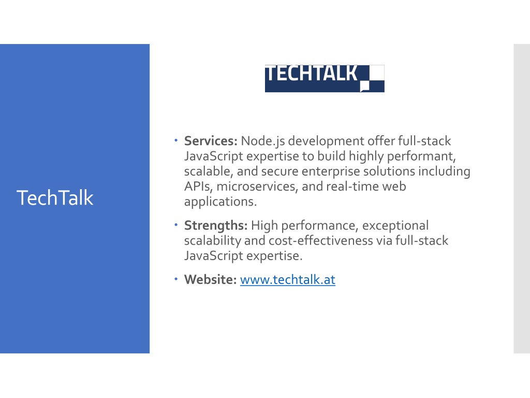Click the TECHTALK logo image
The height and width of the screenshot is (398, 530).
[x=325, y=79]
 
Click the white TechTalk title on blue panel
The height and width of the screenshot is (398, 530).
[x=55, y=198]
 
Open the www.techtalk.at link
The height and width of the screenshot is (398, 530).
[x=288, y=280]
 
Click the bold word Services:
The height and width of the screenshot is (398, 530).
[x=211, y=141]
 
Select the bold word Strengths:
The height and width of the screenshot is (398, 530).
[x=216, y=226]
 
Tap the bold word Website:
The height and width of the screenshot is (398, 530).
[x=210, y=279]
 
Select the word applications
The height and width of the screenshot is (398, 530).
[x=220, y=202]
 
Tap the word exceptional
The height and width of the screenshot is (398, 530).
[x=395, y=226]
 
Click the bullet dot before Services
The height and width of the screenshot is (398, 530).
[x=176, y=140]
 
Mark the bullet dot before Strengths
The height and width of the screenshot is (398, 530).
[x=176, y=225]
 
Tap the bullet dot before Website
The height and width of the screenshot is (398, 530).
[x=176, y=279]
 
